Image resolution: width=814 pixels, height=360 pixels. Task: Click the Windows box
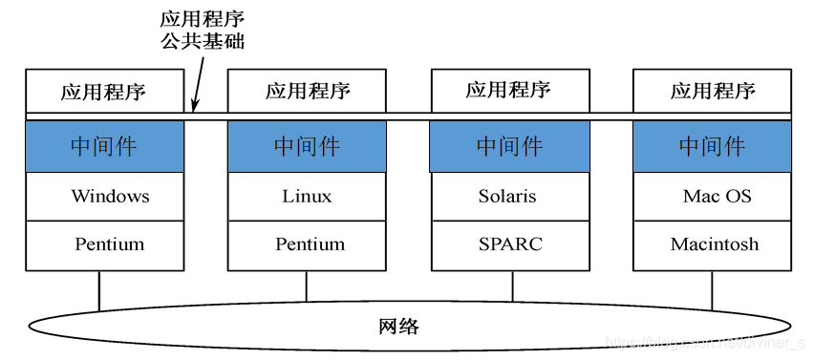(104, 197)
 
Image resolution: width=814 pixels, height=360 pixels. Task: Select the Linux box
(307, 197)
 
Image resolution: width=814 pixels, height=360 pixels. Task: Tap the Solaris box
(510, 197)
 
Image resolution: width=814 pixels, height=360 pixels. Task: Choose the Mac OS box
(713, 197)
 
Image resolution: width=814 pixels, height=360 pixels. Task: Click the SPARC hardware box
(510, 244)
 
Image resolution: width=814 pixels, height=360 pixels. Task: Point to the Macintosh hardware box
(713, 244)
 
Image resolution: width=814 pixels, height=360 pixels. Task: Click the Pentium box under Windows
(104, 244)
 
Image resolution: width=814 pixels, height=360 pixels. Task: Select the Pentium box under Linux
(307, 244)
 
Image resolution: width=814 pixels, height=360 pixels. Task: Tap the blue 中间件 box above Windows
(104, 146)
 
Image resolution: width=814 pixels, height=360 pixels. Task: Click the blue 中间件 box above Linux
(307, 146)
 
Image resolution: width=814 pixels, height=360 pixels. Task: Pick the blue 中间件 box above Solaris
(510, 146)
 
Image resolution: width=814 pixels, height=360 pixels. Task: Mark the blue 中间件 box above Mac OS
(713, 146)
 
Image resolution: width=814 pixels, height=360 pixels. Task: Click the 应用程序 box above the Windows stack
(104, 92)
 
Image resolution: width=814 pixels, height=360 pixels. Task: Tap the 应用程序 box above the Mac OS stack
(713, 92)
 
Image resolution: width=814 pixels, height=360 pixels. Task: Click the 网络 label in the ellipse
(399, 327)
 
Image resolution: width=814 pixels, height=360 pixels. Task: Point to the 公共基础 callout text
(204, 41)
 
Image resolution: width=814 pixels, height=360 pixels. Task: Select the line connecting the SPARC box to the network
(512, 286)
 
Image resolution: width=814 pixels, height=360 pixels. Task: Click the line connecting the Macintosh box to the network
(711, 289)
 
